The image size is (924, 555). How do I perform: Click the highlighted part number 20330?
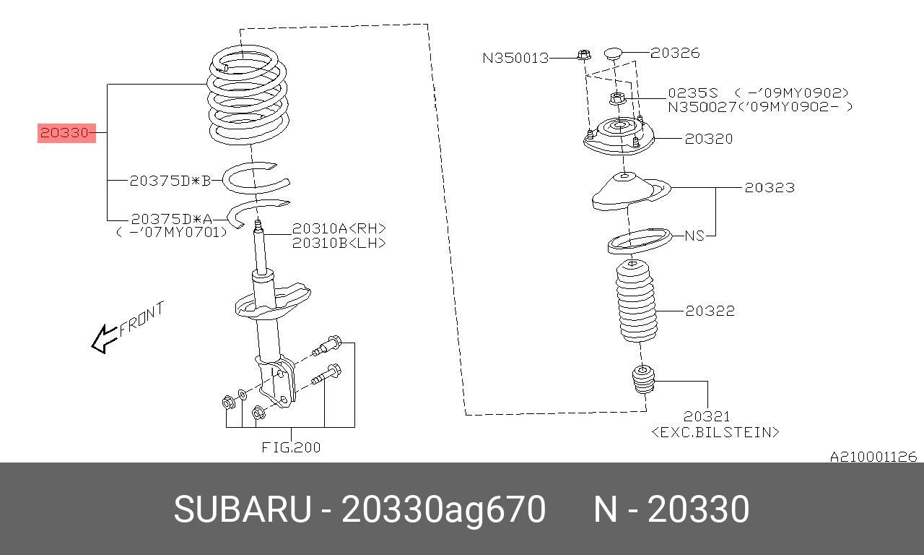tap(66, 133)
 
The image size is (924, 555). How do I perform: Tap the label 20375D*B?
tap(170, 181)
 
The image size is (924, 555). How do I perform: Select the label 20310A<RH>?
tap(339, 228)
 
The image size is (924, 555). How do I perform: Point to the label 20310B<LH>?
tap(339, 243)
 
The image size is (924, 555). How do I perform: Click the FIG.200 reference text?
tap(291, 447)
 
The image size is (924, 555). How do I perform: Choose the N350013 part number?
tap(515, 58)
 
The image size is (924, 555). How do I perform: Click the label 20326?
tap(675, 53)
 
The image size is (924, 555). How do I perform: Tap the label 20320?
tap(708, 139)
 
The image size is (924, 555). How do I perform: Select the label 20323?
tap(770, 188)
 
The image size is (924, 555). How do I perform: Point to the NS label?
tap(694, 236)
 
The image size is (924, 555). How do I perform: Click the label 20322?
tap(710, 311)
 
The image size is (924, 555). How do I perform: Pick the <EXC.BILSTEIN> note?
tap(715, 432)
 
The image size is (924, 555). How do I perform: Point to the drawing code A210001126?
tap(873, 457)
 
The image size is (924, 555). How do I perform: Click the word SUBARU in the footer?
tap(242, 509)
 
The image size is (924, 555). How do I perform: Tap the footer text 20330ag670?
tap(443, 509)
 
